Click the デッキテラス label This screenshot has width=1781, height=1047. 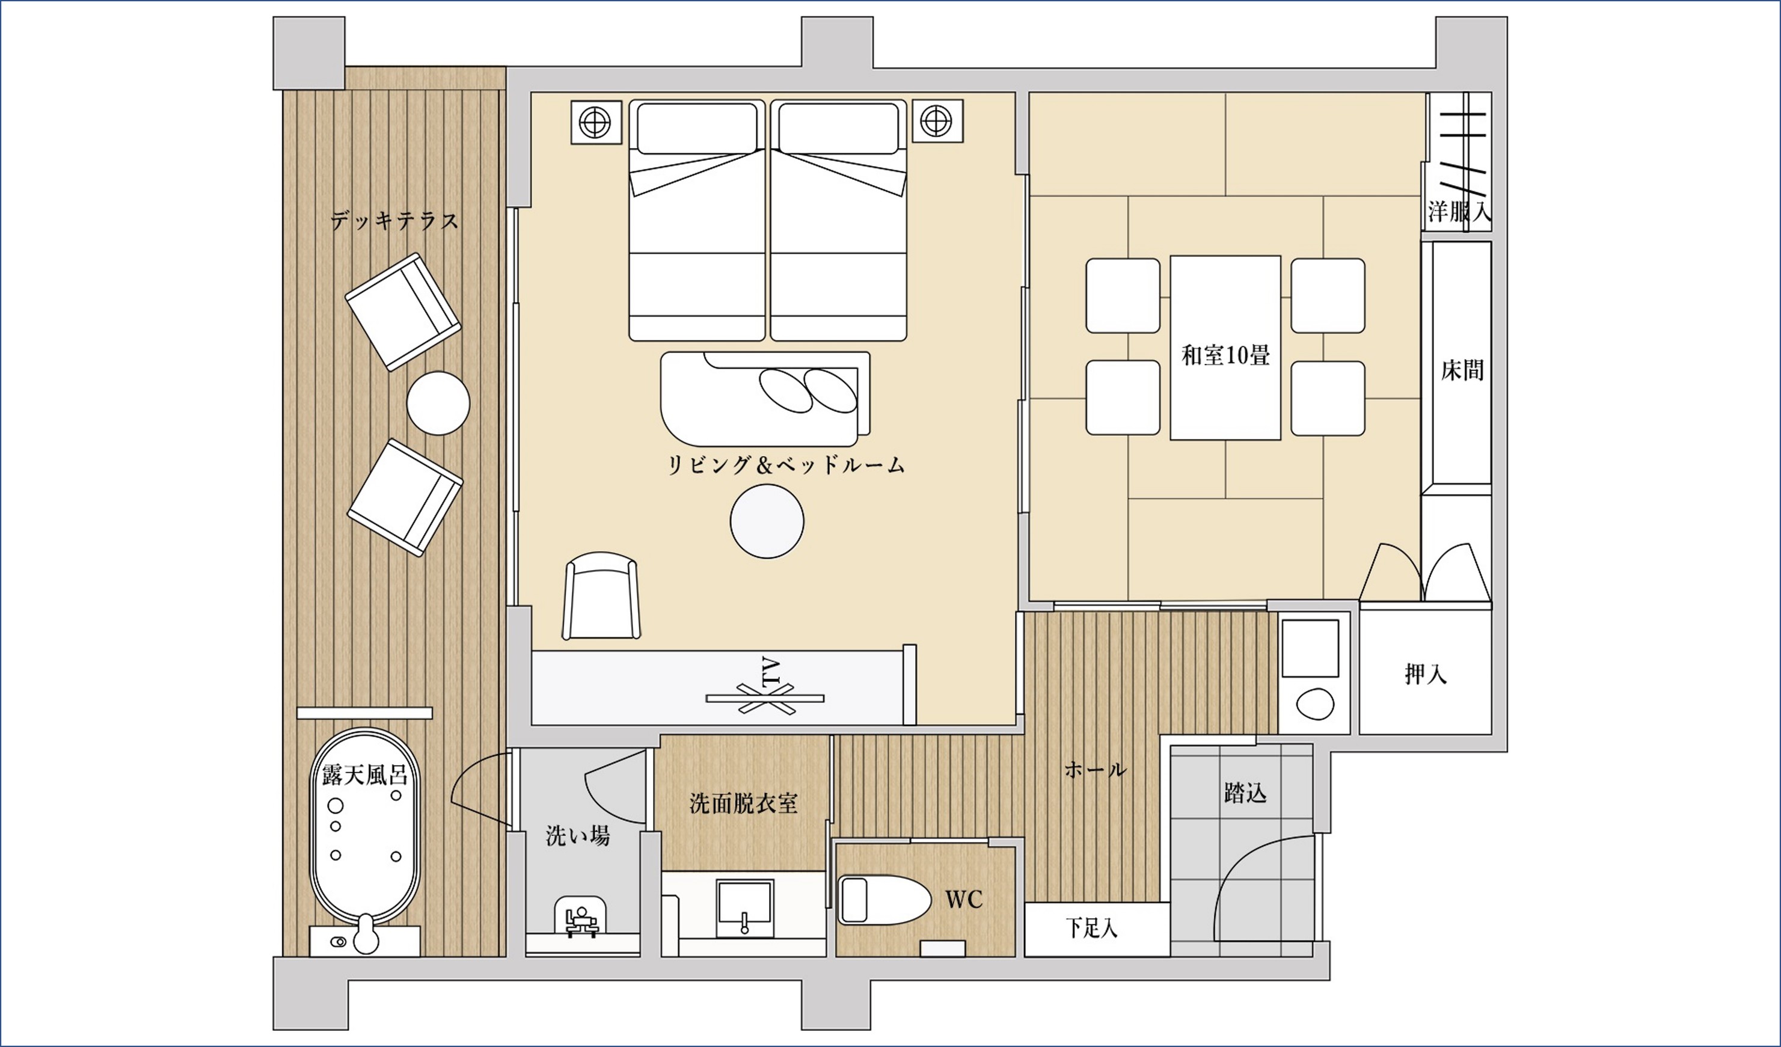394,221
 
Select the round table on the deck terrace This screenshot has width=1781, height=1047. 438,403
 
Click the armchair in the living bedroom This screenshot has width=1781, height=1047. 601,597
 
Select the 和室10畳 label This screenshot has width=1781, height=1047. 1225,355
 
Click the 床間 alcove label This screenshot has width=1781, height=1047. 1462,370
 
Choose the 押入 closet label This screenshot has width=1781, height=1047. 1426,674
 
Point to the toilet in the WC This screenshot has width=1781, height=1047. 884,900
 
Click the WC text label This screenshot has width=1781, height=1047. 964,899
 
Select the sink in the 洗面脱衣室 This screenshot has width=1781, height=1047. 744,910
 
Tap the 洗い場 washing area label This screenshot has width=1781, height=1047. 577,837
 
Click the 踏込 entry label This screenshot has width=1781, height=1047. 1245,793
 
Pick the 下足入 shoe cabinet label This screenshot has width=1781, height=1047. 1092,929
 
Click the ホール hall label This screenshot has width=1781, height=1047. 1096,769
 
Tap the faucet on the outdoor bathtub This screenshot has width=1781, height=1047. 365,934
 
